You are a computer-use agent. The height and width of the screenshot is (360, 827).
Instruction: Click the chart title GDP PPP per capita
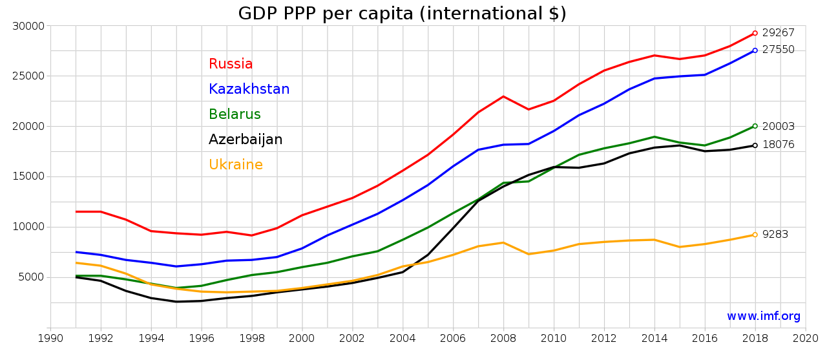click(x=402, y=14)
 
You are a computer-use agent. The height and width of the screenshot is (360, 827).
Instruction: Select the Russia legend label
click(x=231, y=64)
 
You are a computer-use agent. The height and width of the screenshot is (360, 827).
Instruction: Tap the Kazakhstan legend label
click(x=249, y=89)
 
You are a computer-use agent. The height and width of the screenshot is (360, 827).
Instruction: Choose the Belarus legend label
click(x=235, y=114)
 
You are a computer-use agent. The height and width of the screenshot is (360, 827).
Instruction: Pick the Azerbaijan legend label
click(x=245, y=140)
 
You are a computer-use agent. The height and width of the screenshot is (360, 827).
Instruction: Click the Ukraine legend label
click(x=235, y=165)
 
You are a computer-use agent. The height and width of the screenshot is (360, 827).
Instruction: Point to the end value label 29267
click(x=778, y=33)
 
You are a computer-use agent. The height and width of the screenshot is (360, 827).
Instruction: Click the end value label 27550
click(x=778, y=50)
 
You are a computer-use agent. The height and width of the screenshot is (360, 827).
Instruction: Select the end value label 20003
click(x=778, y=127)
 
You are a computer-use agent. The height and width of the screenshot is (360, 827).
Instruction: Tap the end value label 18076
click(x=778, y=145)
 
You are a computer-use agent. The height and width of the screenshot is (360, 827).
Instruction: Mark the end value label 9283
click(x=775, y=235)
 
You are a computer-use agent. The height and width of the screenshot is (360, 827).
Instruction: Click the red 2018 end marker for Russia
click(x=755, y=33)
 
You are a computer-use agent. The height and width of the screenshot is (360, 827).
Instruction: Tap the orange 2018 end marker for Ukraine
click(x=755, y=235)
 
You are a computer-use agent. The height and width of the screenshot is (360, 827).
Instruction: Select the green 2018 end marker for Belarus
click(x=755, y=126)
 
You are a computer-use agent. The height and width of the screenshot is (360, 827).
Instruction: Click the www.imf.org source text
click(x=763, y=317)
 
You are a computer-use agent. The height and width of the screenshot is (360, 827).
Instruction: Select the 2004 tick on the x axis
click(x=403, y=338)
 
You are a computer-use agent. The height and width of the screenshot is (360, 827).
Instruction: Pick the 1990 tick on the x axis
click(x=50, y=338)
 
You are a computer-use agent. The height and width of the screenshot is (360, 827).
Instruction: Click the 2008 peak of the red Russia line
click(x=503, y=96)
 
